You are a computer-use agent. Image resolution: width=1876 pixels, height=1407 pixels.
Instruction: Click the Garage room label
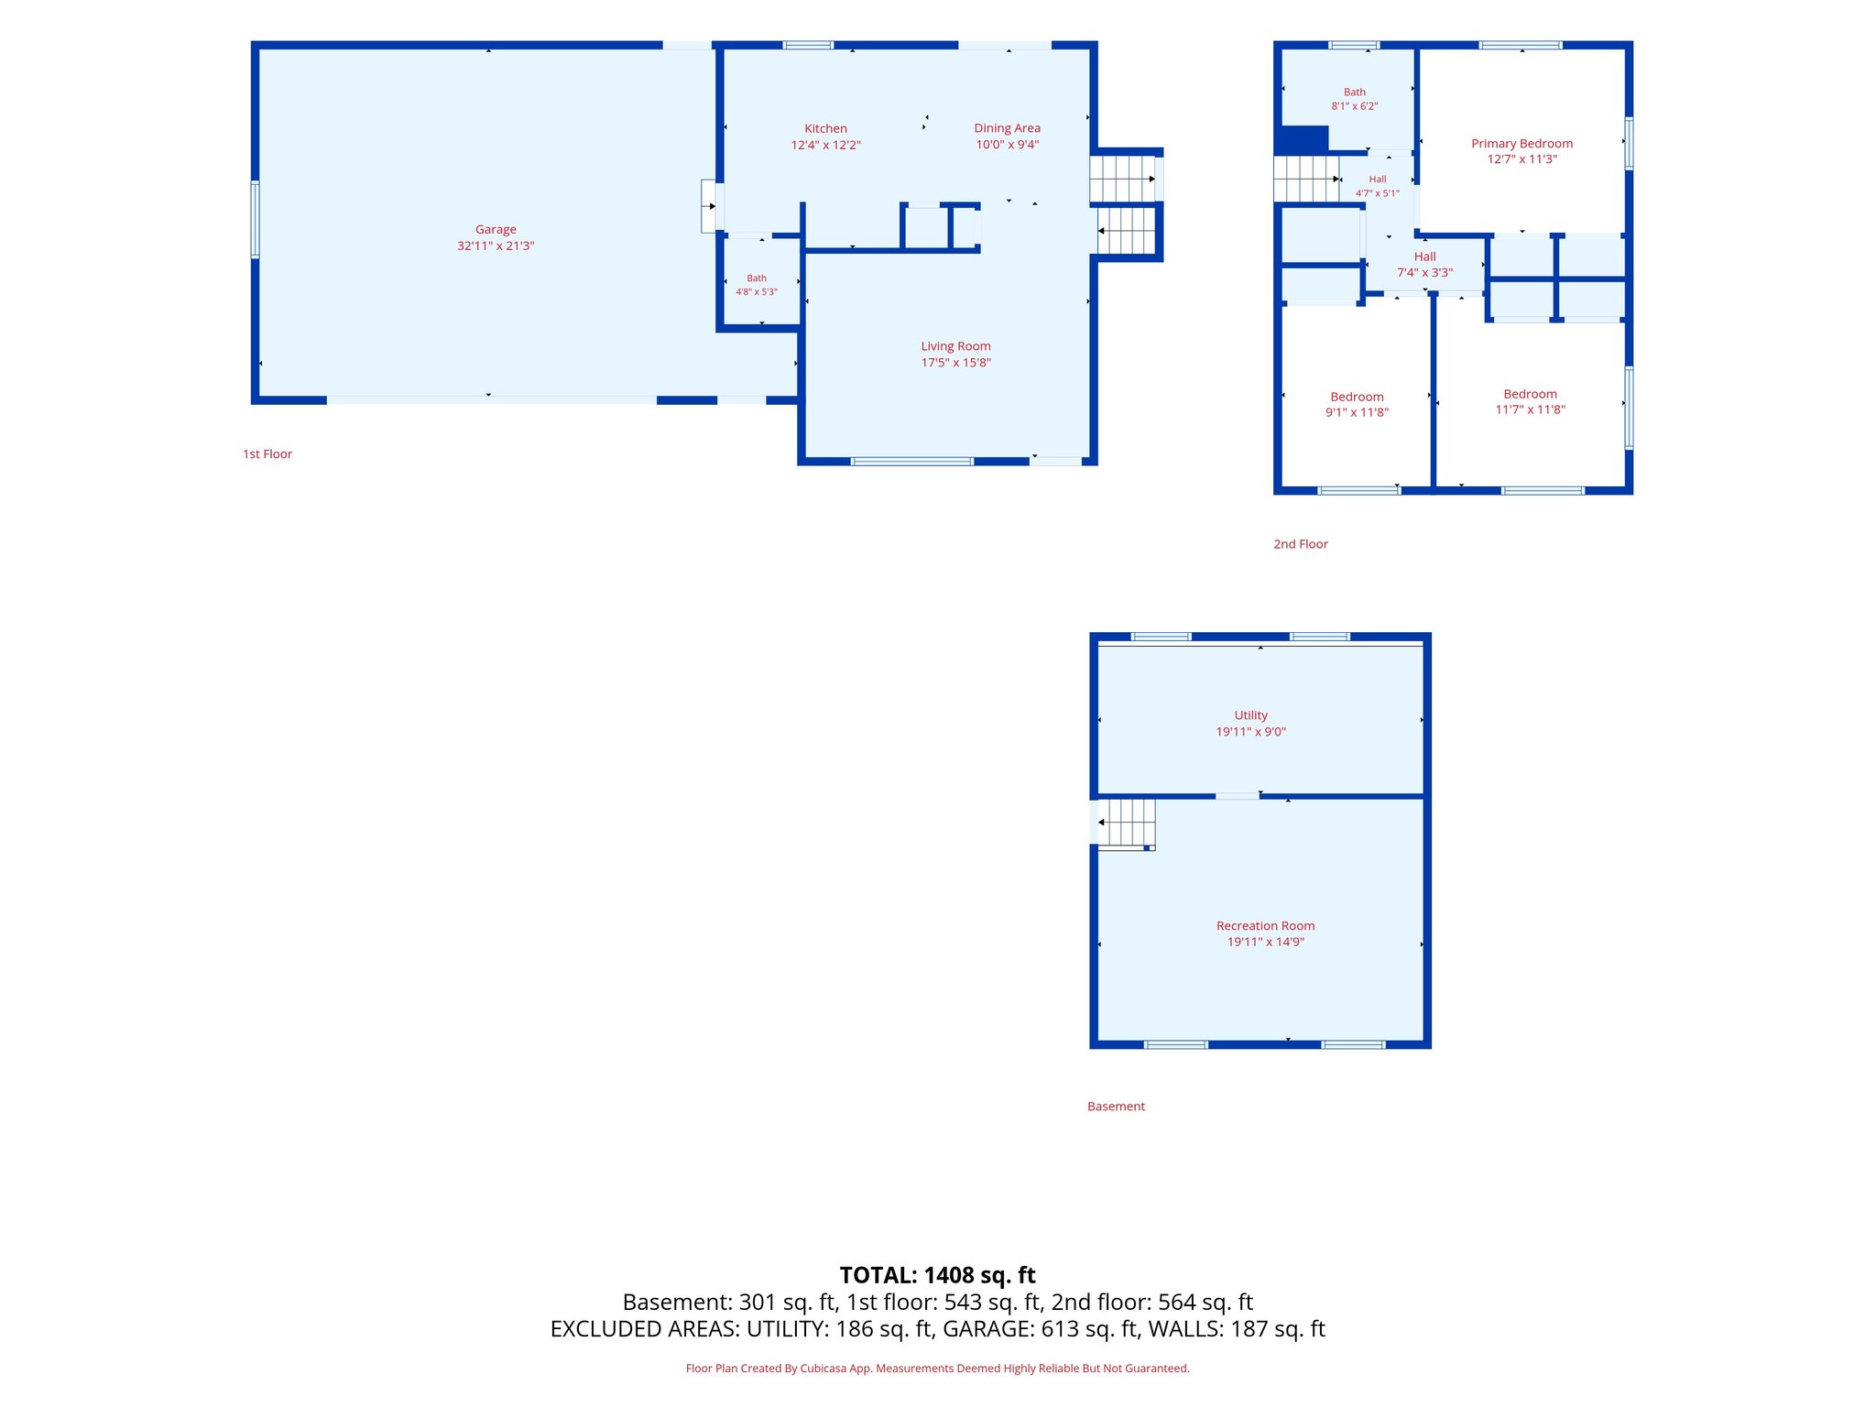click(496, 229)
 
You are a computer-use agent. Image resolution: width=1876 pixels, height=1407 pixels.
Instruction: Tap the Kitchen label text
click(825, 128)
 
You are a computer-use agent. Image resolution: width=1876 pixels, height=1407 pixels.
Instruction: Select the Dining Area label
click(1007, 128)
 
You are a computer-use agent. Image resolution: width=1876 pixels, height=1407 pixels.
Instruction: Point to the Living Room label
click(955, 346)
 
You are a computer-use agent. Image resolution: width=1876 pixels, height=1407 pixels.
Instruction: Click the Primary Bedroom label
click(1522, 144)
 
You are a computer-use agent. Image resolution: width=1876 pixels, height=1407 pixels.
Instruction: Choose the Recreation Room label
click(1265, 926)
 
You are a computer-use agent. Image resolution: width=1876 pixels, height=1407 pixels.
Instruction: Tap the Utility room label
click(1250, 715)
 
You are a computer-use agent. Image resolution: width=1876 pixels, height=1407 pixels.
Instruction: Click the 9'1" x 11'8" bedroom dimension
click(1357, 412)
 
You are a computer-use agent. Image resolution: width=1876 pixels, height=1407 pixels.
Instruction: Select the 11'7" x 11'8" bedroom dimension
click(1530, 409)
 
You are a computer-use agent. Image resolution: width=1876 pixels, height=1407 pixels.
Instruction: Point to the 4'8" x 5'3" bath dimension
click(757, 292)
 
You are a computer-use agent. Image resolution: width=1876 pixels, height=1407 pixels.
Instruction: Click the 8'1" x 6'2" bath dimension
click(1354, 106)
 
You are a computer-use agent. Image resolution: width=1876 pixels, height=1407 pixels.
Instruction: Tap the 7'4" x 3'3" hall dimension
click(1424, 273)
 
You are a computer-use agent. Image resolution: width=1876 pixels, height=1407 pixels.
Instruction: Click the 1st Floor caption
click(267, 454)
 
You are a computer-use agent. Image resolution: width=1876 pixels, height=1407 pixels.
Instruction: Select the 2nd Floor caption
click(1300, 544)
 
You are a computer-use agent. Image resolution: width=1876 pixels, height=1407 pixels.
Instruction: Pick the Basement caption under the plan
click(1116, 1107)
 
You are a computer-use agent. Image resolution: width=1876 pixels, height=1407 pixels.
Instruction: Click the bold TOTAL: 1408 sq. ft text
click(937, 1275)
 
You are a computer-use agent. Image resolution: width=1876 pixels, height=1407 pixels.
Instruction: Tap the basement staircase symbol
click(1127, 824)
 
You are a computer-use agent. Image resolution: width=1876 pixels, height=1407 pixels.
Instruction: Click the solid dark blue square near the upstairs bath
click(1301, 140)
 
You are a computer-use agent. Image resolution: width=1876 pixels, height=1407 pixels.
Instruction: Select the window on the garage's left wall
click(255, 219)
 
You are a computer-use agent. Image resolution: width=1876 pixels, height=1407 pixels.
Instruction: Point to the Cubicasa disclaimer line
click(937, 1369)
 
